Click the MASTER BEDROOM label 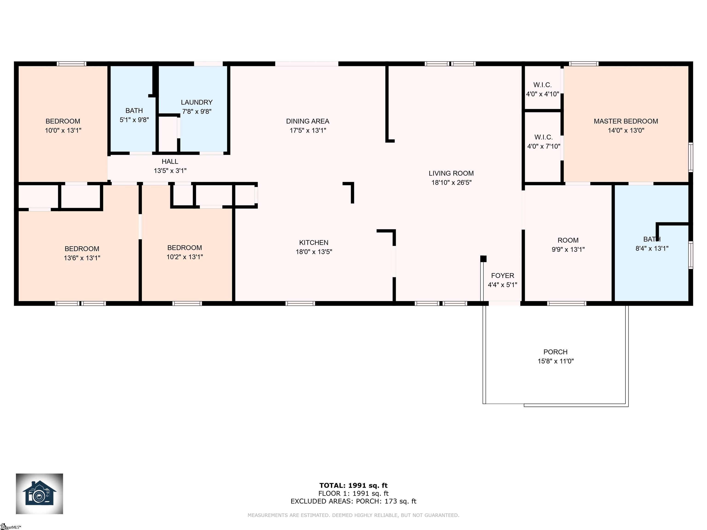[626, 121]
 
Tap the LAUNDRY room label [197, 102]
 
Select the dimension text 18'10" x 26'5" [451, 182]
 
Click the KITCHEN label [313, 242]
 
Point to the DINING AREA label [307, 121]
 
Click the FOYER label [502, 275]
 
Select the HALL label [170, 161]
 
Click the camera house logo [39, 494]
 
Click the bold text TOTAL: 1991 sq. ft [353, 486]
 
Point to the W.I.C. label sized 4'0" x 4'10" [542, 85]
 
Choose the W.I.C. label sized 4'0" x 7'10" [543, 137]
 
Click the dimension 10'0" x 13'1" [63, 130]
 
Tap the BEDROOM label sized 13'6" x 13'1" [82, 248]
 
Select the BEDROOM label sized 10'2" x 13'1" [184, 248]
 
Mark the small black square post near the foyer [483, 259]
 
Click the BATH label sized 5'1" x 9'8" [134, 111]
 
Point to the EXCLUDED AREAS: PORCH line [353, 501]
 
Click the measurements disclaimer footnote [353, 515]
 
